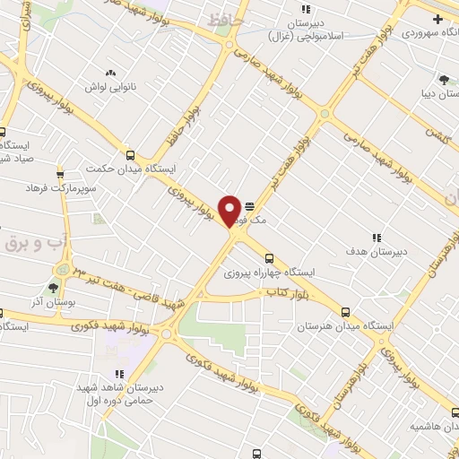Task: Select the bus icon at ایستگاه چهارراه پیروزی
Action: click(x=270, y=258)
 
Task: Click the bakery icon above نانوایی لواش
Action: click(x=110, y=72)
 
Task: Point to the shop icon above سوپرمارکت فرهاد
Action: click(x=60, y=173)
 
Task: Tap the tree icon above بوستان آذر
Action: click(x=51, y=288)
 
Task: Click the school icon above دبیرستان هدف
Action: click(x=377, y=238)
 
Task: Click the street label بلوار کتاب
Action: click(x=286, y=293)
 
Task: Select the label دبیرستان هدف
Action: click(x=377, y=252)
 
